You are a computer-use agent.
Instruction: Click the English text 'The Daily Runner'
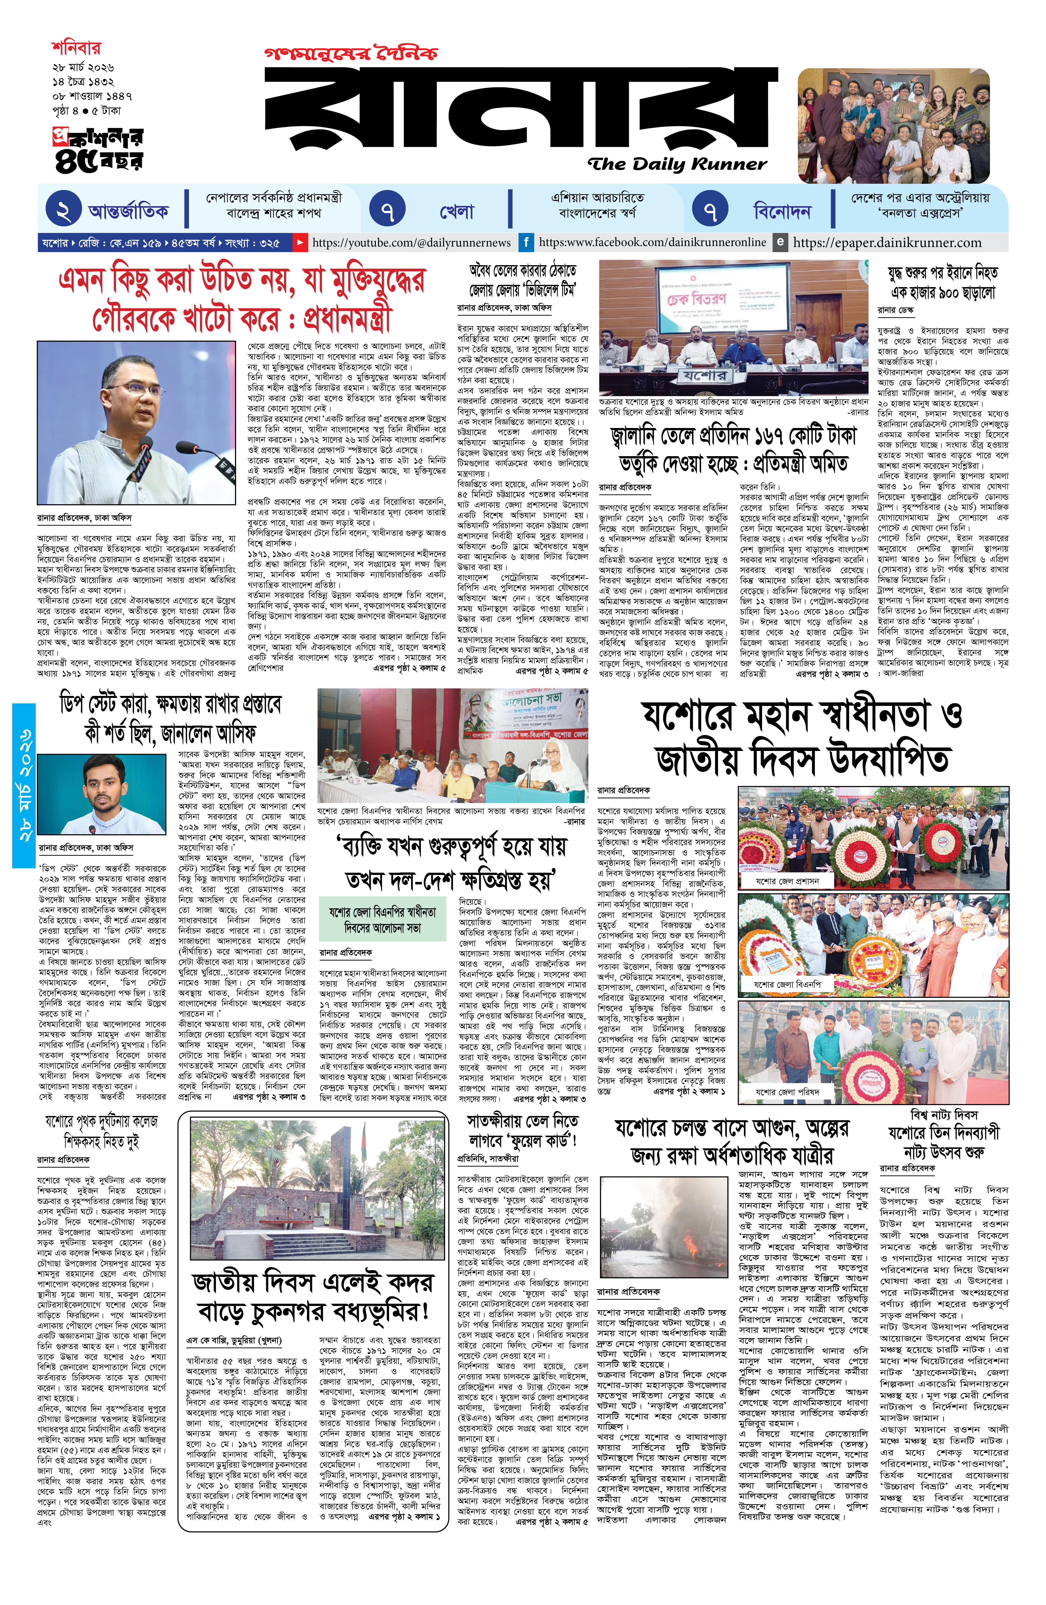(676, 164)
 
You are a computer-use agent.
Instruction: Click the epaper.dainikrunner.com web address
(887, 242)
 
